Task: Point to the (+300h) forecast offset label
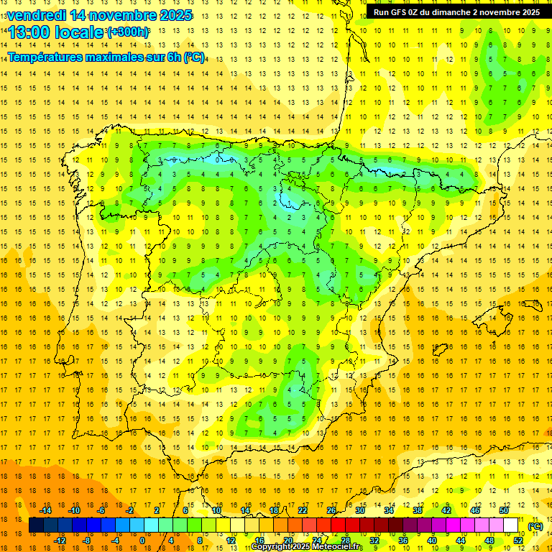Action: [x=128, y=32]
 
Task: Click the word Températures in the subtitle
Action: [x=49, y=57]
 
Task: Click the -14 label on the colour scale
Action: [x=46, y=510]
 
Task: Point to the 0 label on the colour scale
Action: [x=142, y=540]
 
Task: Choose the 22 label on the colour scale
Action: [x=303, y=510]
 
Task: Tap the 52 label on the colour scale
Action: [x=518, y=540]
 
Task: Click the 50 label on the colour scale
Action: [x=504, y=510]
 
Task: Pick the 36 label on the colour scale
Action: [x=403, y=540]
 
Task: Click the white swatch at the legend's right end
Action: [x=511, y=525]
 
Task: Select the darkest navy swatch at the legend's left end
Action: [x=36, y=525]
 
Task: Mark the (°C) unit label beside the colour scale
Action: [x=535, y=526]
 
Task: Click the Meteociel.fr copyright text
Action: [x=307, y=547]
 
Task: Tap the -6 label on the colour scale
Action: [x=102, y=510]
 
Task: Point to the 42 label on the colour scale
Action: [x=446, y=510]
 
